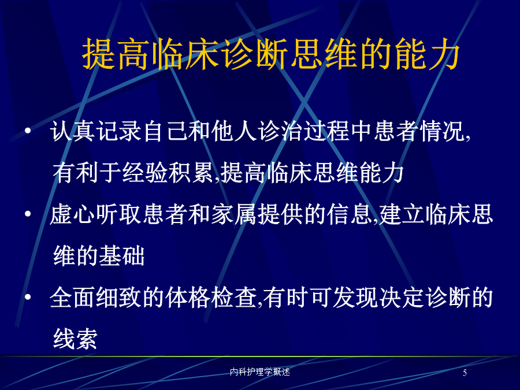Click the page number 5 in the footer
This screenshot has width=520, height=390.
tap(465, 373)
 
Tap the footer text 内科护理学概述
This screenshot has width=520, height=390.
tap(260, 372)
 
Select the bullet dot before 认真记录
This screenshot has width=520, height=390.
tap(28, 131)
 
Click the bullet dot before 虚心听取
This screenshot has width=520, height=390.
tap(28, 214)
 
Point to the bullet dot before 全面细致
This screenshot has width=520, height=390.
tap(28, 297)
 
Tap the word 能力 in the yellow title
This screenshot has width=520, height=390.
tap(427, 54)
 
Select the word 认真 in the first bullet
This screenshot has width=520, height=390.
tap(73, 131)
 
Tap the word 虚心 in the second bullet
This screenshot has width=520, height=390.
tap(73, 214)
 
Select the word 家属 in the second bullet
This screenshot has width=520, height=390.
tap(234, 214)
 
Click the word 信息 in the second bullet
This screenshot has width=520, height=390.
tap(350, 214)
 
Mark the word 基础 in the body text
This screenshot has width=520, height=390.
tap(122, 256)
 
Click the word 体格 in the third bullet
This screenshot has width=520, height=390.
tap(188, 297)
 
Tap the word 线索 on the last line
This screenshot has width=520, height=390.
tap(75, 339)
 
